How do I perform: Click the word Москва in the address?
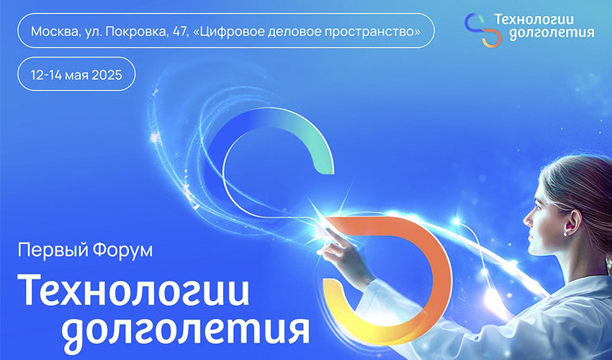coord(55,31)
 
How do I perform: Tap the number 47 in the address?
coord(180,31)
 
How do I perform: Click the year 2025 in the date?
coord(107,75)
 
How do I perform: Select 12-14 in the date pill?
coord(47,75)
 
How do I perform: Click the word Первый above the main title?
coord(48,251)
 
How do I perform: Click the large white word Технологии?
coord(133,289)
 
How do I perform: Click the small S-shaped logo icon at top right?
coord(483,30)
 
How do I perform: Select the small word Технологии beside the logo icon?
coord(534,21)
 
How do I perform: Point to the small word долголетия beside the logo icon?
coord(552,34)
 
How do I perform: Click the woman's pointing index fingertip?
coord(326,229)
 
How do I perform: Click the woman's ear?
coord(570,222)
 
